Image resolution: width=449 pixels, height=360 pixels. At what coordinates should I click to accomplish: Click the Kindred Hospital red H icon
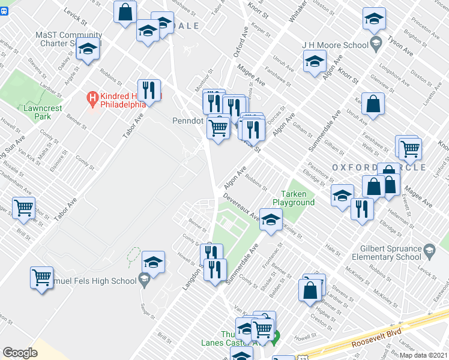92,96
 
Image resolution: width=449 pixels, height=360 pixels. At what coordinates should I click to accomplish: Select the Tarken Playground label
298,198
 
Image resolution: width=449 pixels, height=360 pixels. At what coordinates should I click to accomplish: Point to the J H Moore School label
343,45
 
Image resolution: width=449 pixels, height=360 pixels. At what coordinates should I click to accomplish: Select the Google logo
20,353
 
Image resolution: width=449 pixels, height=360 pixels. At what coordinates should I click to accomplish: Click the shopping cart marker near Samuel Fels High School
42,277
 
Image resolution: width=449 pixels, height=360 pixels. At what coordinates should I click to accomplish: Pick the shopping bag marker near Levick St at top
125,11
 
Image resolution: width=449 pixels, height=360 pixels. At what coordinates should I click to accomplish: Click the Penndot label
188,120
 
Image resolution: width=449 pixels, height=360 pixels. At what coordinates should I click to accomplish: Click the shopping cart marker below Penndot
218,127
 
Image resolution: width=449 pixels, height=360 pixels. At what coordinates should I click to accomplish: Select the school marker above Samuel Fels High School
153,262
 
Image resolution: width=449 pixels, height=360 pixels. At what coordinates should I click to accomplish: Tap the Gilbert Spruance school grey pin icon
429,250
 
